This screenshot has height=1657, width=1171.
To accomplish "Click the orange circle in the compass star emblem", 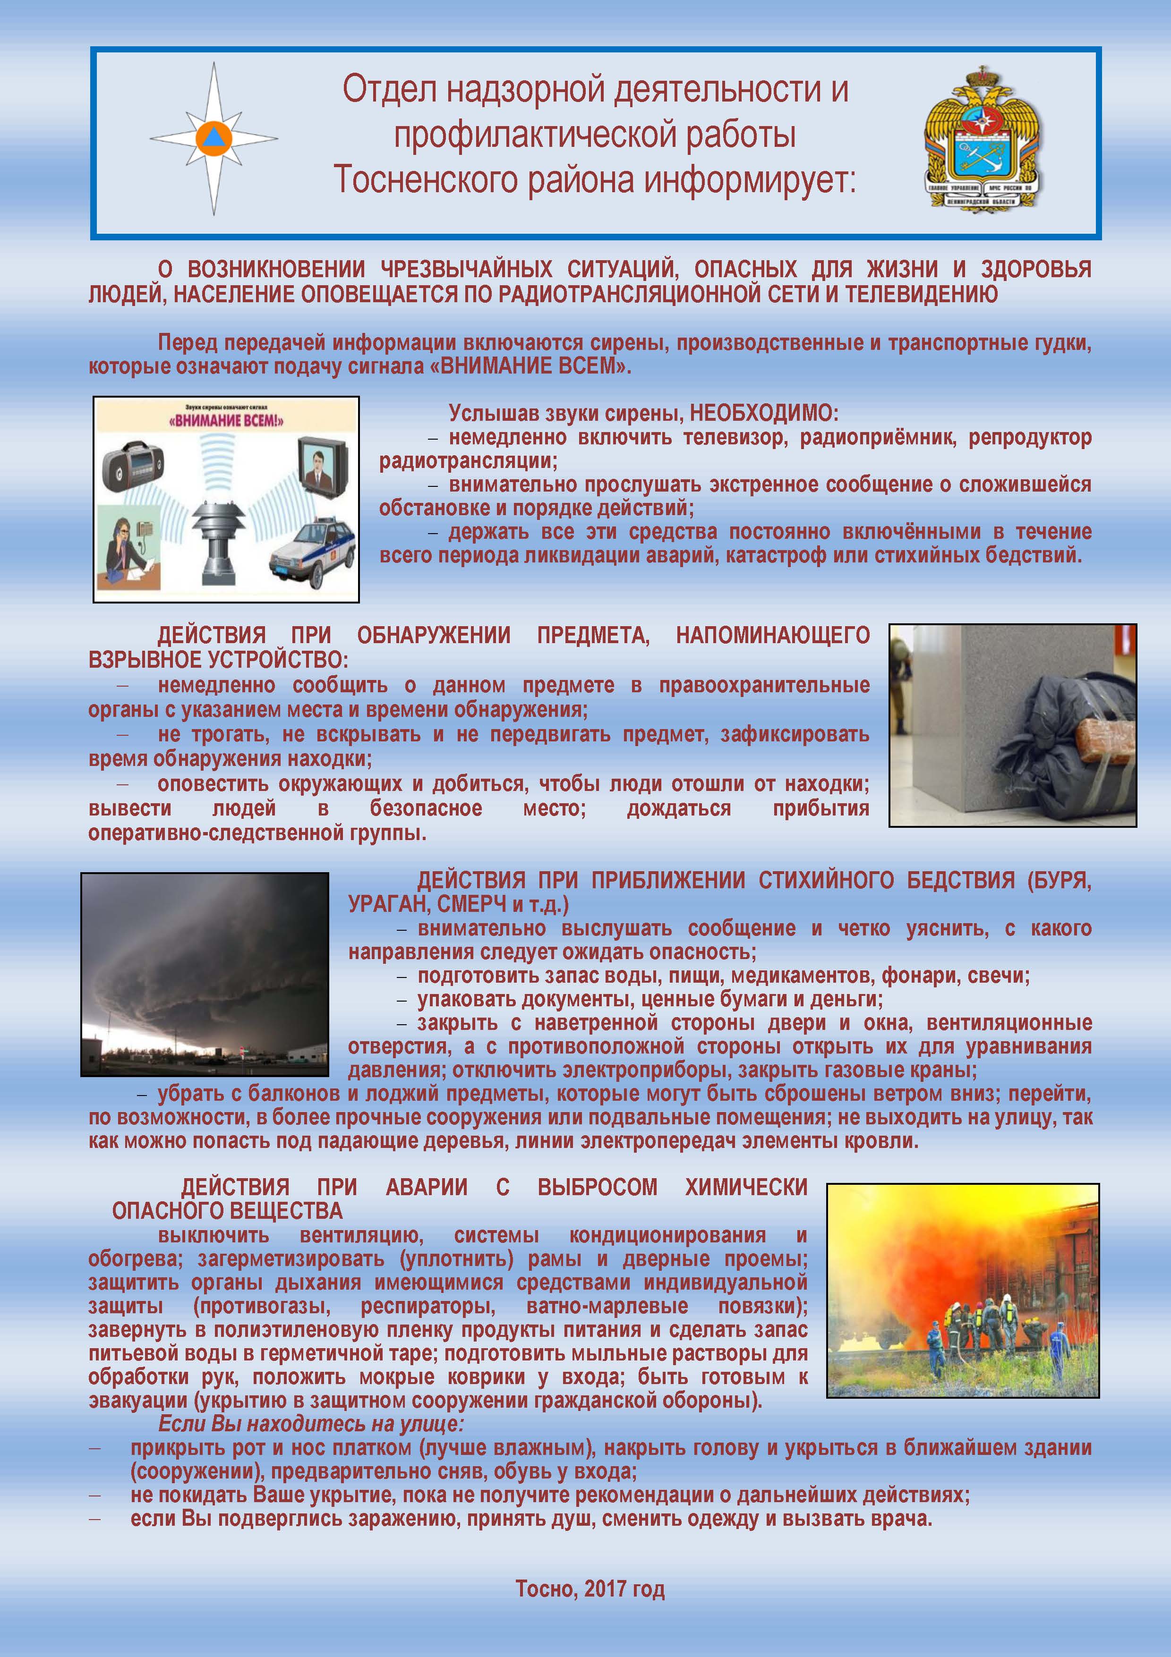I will click(214, 137).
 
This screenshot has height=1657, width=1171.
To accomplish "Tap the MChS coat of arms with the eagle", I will click(983, 138).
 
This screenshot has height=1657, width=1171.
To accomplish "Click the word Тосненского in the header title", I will click(427, 180).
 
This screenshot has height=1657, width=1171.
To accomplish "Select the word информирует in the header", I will click(749, 180).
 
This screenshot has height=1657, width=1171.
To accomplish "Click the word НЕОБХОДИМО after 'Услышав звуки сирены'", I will click(765, 414).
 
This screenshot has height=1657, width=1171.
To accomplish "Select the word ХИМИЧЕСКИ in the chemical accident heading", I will click(746, 1187).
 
